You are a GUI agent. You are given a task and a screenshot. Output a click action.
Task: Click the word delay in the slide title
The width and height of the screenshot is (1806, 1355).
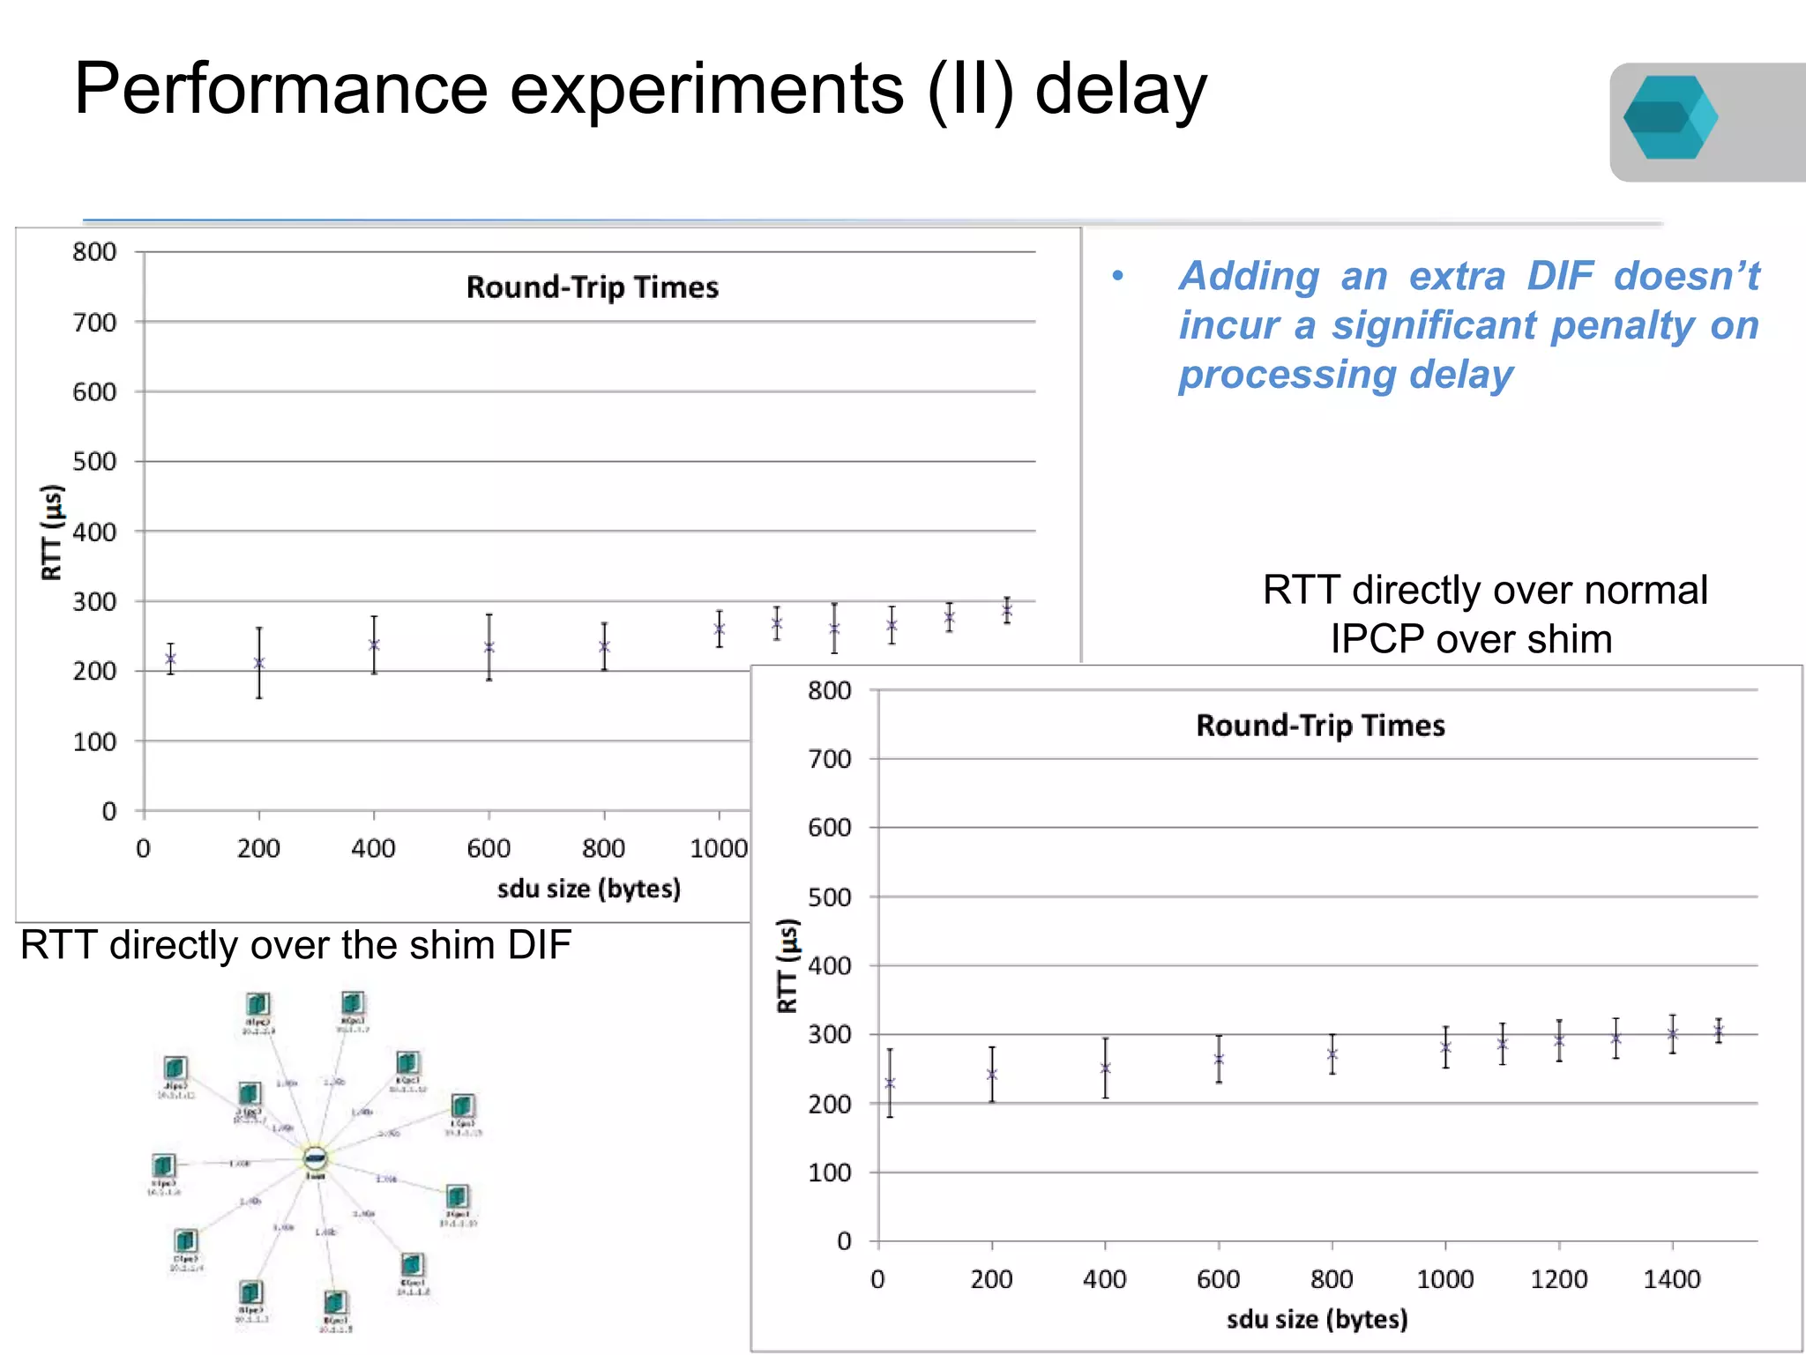tap(1120, 90)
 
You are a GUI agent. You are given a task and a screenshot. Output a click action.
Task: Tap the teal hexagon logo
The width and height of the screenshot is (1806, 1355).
tap(1669, 118)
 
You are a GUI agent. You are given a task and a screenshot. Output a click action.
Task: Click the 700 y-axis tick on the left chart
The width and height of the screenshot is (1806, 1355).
tap(94, 323)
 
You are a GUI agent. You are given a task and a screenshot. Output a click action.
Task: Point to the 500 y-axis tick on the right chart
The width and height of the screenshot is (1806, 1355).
tap(830, 897)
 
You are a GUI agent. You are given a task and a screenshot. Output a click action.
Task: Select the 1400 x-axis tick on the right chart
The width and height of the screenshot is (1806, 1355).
tap(1672, 1279)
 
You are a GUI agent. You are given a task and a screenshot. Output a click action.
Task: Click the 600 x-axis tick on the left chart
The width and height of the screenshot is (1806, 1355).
tap(489, 849)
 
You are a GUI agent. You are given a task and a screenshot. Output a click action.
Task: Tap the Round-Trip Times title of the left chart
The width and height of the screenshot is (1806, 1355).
tap(593, 287)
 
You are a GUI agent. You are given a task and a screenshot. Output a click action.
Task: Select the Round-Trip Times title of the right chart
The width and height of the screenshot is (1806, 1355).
tap(1320, 726)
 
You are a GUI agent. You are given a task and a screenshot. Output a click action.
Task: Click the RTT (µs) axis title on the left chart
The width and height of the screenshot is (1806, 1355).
tap(52, 532)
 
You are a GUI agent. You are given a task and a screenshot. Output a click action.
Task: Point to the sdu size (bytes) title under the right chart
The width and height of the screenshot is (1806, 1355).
tap(1317, 1320)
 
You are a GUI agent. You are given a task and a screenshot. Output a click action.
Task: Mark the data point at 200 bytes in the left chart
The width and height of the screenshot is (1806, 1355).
tap(259, 663)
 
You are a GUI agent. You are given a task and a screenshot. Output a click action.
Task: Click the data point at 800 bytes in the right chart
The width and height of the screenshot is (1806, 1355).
tap(1332, 1054)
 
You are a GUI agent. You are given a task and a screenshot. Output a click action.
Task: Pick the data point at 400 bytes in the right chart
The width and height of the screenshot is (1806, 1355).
tap(1105, 1068)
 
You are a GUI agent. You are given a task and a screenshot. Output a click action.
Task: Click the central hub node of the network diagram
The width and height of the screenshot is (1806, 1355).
tap(315, 1158)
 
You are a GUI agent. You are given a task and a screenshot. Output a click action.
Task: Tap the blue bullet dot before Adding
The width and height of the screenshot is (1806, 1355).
tap(1118, 276)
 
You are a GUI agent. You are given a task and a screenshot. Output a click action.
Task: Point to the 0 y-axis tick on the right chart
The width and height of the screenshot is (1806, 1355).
tap(844, 1241)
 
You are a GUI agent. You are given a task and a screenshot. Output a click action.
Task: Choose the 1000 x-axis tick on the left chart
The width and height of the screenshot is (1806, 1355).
tap(719, 849)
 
